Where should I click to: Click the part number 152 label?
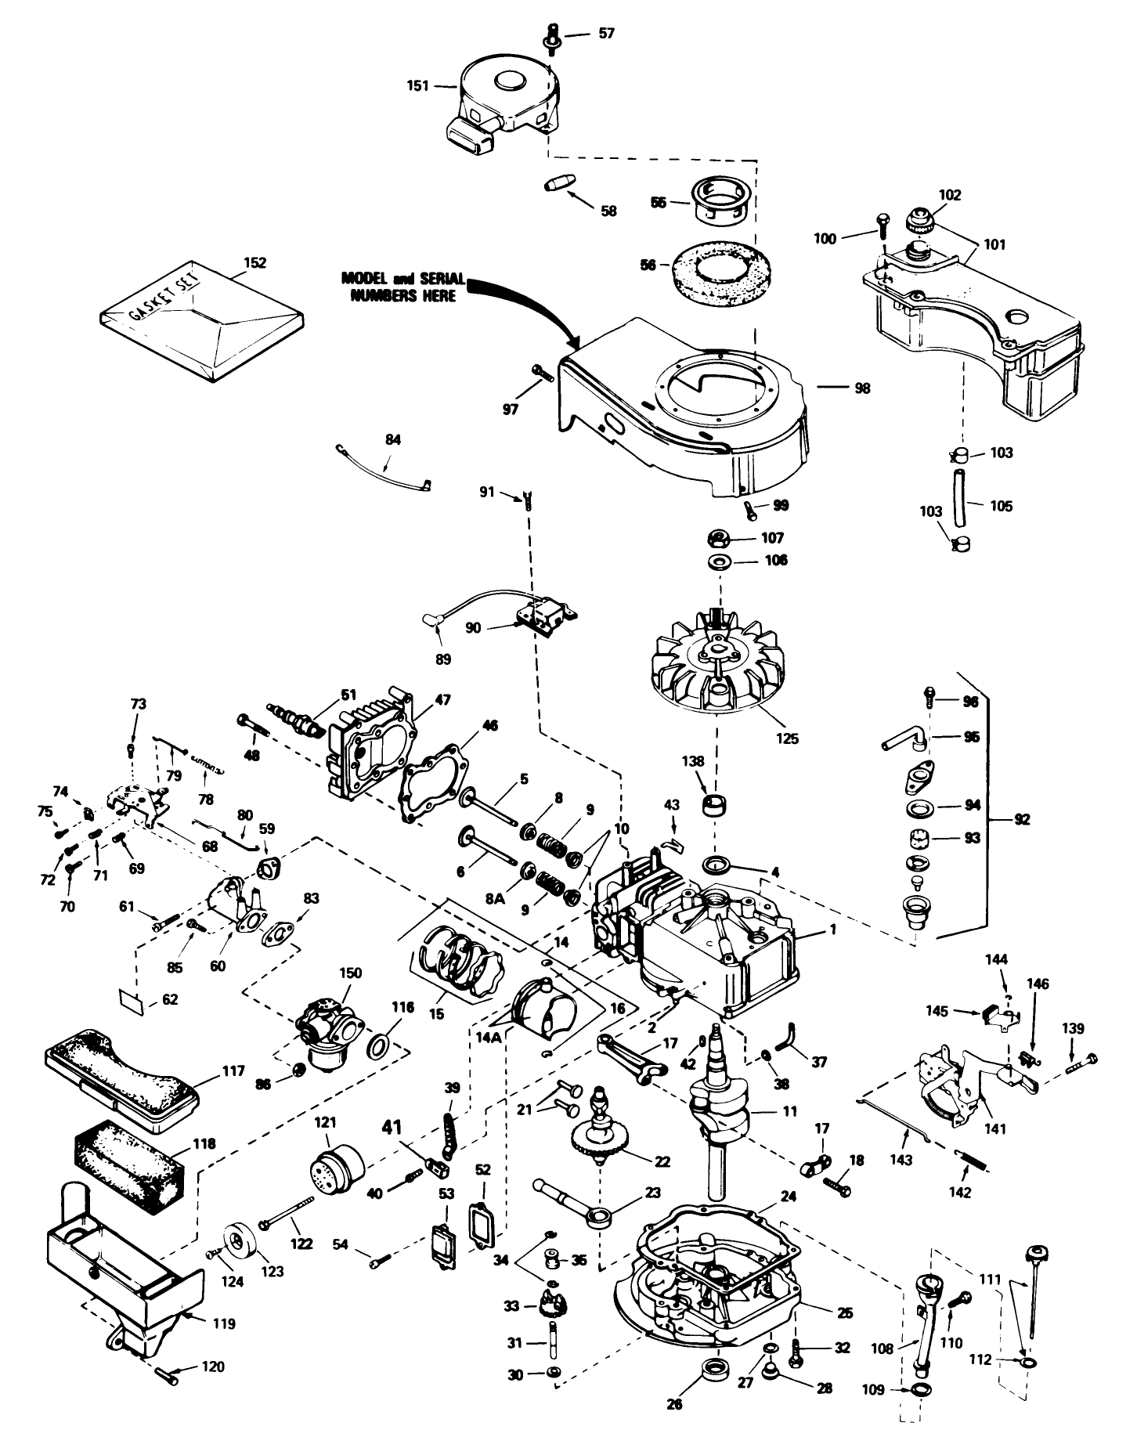coord(255,262)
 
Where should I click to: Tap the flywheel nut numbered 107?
coord(719,538)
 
